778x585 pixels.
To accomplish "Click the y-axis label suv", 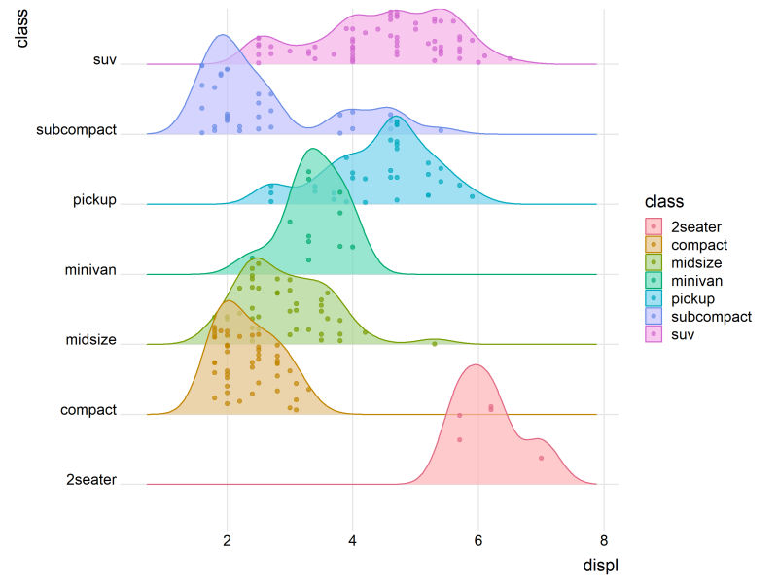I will [104, 60].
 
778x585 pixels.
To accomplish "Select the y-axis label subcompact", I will [76, 130].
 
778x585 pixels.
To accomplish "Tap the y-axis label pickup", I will [94, 200].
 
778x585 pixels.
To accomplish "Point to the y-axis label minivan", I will [90, 270].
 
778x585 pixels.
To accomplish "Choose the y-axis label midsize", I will [90, 340].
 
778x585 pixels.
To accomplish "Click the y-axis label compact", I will [88, 410].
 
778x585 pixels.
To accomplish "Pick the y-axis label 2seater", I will [91, 480].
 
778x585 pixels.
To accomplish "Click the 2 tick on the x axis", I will [228, 542].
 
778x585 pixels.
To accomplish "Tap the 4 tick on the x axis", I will [353, 542].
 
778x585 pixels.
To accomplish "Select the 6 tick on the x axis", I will [478, 542].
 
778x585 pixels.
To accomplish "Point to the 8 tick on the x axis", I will [604, 542].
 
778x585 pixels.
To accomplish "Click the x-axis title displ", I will [600, 566].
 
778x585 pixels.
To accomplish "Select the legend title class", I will [663, 202].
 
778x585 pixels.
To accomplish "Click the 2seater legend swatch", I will [654, 227].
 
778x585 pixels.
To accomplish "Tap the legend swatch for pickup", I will [654, 298].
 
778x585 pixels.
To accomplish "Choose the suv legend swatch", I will [654, 334].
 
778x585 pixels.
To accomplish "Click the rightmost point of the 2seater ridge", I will [541, 458].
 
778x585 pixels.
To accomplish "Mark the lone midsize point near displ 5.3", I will [434, 343].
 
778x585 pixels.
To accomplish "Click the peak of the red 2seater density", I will [475, 365].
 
